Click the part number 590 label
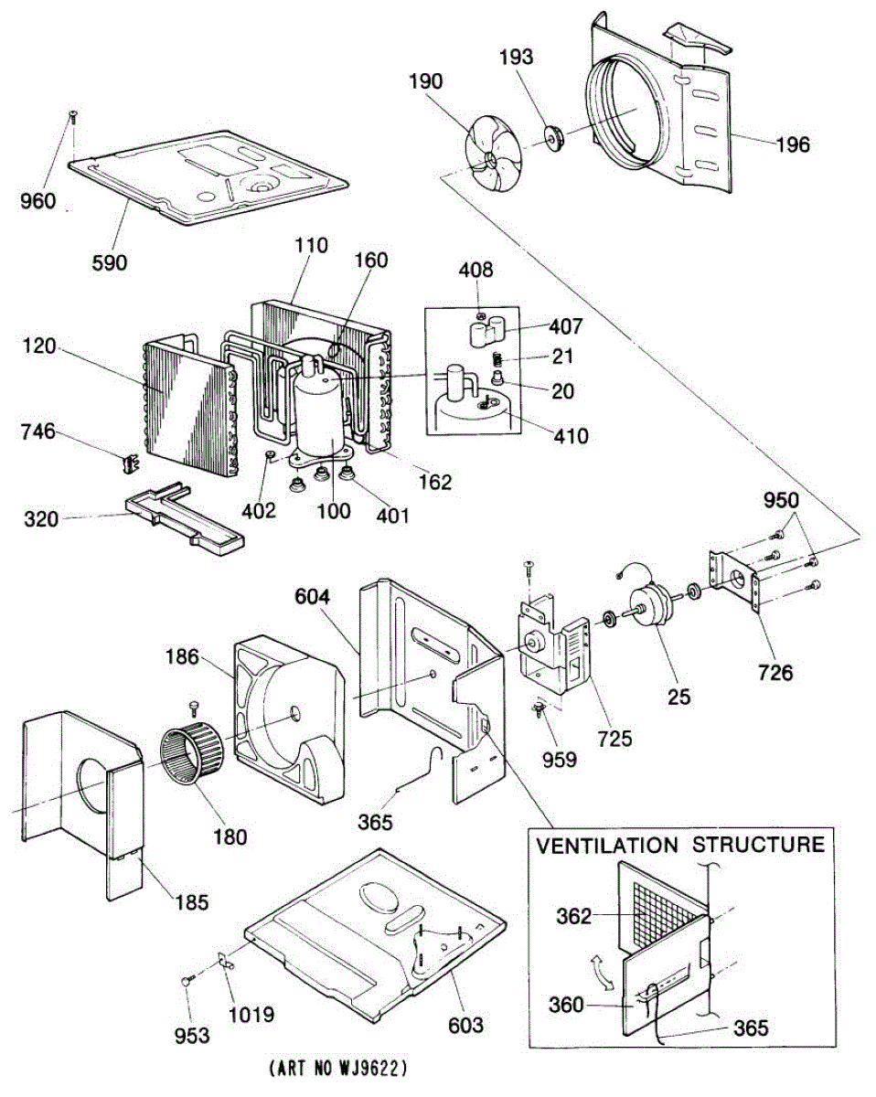pos(110,262)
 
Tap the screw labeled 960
pos(72,116)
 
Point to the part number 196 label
pos(792,144)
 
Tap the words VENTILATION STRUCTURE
pos(680,845)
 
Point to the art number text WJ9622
pos(339,1067)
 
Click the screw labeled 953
pos(188,980)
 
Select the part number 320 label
pos(42,519)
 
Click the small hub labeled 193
pos(552,138)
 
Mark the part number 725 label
pos(614,739)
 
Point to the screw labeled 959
pos(539,708)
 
